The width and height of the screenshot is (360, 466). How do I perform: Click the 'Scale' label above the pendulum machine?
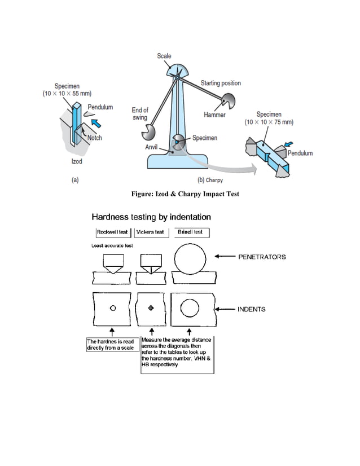coord(164,56)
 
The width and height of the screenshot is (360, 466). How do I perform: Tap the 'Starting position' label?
coord(221,83)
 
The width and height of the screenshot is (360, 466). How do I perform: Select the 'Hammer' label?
coord(214,115)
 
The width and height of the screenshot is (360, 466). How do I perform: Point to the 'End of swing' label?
coord(140,114)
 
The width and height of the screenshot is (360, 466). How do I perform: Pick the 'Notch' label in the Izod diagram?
coord(93,138)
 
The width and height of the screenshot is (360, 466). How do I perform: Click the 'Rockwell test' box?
coord(112,232)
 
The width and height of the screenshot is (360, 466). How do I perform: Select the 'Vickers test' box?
coord(151,232)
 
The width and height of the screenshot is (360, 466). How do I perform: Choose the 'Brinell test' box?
coord(190,232)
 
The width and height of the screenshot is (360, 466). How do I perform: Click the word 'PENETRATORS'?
coord(262,257)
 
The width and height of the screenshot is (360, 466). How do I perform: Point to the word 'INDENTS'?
coord(251,309)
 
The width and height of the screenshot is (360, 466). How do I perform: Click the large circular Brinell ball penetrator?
coord(189,258)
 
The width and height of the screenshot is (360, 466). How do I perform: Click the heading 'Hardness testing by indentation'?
coord(151,217)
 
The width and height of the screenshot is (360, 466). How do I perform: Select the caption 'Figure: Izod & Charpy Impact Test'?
coord(185,194)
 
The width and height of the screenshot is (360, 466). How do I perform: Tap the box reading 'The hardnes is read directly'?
coord(110,345)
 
